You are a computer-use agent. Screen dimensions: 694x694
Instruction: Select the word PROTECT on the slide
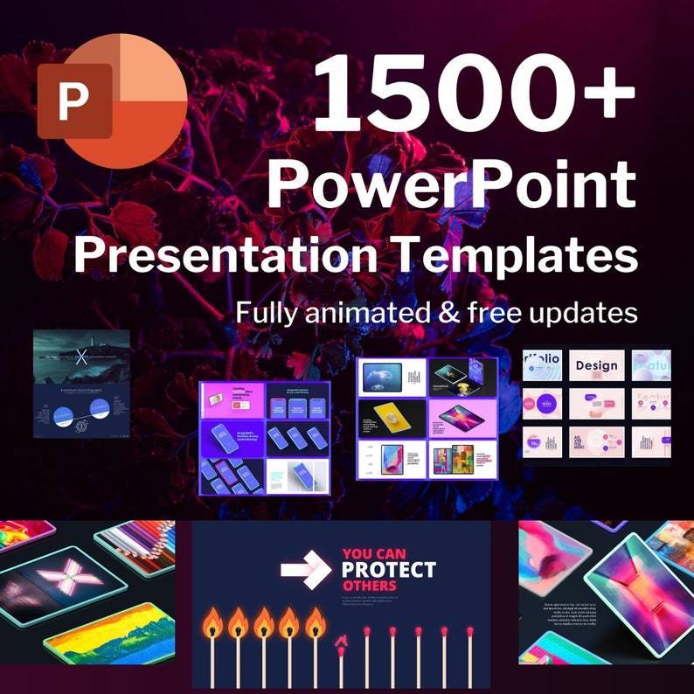click(x=388, y=570)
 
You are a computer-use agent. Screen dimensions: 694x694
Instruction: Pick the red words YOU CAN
click(x=374, y=553)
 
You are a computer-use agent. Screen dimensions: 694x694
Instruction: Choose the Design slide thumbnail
click(x=597, y=365)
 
